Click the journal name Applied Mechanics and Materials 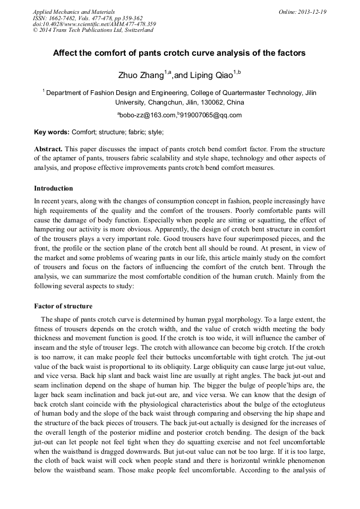pyautogui.click(x=73, y=12)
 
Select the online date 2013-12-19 pyautogui.click(x=310, y=12)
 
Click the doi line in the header pyautogui.click(x=94, y=24)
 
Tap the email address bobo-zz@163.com pyautogui.click(x=147, y=115)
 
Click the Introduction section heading pyautogui.click(x=54, y=188)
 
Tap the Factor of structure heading pyautogui.click(x=63, y=306)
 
